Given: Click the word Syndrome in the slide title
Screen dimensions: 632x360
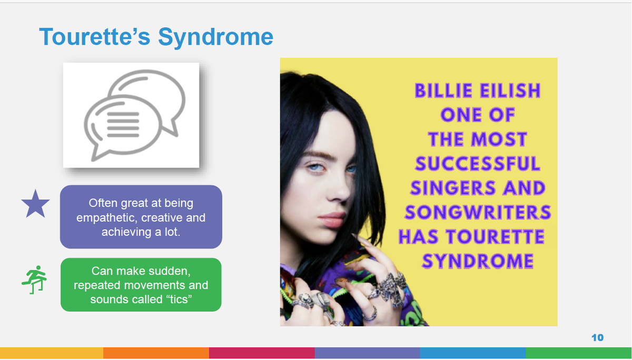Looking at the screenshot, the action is coord(215,37).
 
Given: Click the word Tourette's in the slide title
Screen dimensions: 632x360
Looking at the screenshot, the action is coord(95,37).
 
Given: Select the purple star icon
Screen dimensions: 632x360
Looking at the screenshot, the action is coord(36,204).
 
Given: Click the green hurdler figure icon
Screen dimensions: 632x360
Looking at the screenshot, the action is coord(34,279).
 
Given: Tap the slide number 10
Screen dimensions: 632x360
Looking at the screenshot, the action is coord(597,338).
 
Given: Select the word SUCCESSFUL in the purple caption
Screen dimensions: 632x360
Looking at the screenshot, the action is coord(477,164).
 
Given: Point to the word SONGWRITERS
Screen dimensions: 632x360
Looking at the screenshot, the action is coord(478,213).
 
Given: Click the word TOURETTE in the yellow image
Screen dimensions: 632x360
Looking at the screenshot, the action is coord(495,237).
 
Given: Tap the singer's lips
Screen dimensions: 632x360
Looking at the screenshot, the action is coord(332,219).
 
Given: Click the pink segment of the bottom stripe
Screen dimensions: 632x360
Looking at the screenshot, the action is coord(262,353).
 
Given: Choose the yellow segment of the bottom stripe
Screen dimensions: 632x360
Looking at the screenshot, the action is coord(52,353).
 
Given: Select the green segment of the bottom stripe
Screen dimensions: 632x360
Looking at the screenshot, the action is coord(579,353).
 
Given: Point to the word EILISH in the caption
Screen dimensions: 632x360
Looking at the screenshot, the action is coord(510,91).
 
